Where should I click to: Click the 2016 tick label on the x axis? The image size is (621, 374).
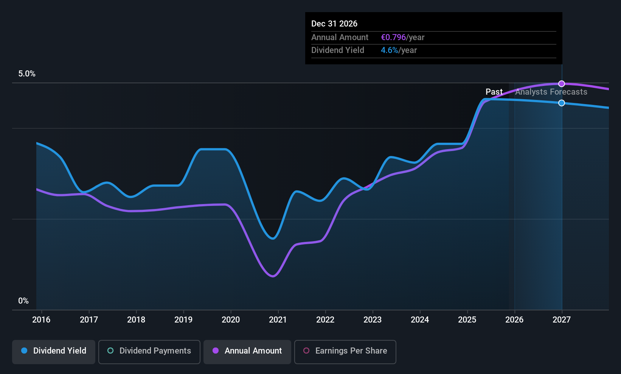click(x=41, y=319)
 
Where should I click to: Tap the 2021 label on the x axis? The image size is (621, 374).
click(x=278, y=319)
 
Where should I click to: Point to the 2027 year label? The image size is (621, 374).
click(x=562, y=319)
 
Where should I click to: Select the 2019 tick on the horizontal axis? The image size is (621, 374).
click(x=183, y=319)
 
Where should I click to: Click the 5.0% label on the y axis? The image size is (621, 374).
click(x=27, y=74)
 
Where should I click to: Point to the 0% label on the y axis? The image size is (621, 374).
click(x=23, y=301)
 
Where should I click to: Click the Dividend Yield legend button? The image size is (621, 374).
click(x=54, y=351)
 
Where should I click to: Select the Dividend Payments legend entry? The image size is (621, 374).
click(x=149, y=351)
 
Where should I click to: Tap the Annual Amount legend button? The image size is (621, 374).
click(x=247, y=351)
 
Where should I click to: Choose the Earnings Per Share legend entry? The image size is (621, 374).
click(x=345, y=351)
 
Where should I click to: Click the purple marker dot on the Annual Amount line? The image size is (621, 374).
click(x=562, y=84)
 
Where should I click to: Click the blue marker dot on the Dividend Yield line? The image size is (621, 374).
click(x=562, y=103)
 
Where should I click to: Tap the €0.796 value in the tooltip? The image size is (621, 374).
click(x=393, y=37)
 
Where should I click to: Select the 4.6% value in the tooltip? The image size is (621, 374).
click(x=389, y=50)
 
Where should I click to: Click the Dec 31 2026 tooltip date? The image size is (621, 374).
click(x=334, y=24)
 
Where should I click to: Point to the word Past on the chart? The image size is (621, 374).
click(x=494, y=92)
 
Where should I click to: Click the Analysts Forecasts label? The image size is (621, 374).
click(x=551, y=92)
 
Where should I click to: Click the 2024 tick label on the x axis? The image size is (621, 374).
click(x=420, y=319)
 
